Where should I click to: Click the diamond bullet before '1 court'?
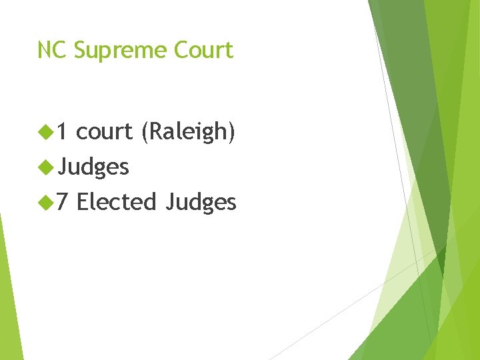tap(46, 132)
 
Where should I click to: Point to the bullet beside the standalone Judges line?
tap(46, 167)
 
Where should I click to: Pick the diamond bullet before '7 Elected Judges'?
tap(46, 201)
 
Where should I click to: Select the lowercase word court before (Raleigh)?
tap(105, 133)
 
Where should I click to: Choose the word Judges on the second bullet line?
tap(93, 167)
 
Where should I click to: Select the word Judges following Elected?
tap(201, 202)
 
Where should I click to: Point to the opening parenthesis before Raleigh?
tap(144, 133)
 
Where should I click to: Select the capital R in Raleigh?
tap(154, 132)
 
